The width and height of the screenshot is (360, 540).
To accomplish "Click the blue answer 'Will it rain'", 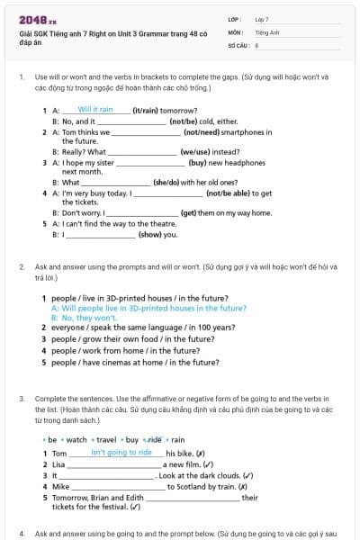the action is point(94,109).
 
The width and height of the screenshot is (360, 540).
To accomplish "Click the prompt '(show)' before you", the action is point(148,234).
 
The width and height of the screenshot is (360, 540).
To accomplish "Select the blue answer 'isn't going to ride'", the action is point(121,453).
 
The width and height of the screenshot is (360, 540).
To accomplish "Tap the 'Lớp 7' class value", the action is point(262,18).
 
